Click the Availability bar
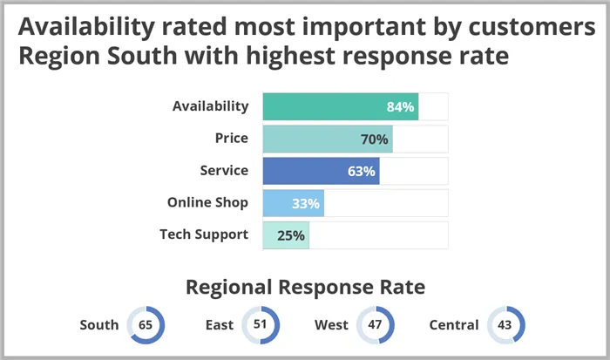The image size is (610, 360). pos(340,106)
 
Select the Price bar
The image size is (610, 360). pos(327,139)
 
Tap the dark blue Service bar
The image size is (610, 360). pos(321,171)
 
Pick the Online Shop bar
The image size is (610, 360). pos(293,203)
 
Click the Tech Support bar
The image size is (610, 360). pos(286,235)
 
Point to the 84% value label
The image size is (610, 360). pos(400,107)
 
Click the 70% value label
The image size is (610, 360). pos(374,139)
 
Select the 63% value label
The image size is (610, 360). pos(361,172)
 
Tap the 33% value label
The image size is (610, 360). pos(305,204)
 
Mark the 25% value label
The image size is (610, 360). pos(291,235)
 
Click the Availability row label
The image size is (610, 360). pos(210,106)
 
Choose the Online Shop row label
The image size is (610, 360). pos(207,203)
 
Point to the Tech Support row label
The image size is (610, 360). pos(204,234)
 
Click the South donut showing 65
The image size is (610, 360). pos(146,325)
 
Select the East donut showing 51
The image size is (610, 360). pos(260,325)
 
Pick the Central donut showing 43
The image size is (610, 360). pos(505,325)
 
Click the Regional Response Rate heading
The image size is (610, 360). pos(305,287)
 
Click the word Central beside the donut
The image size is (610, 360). pos(454,325)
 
